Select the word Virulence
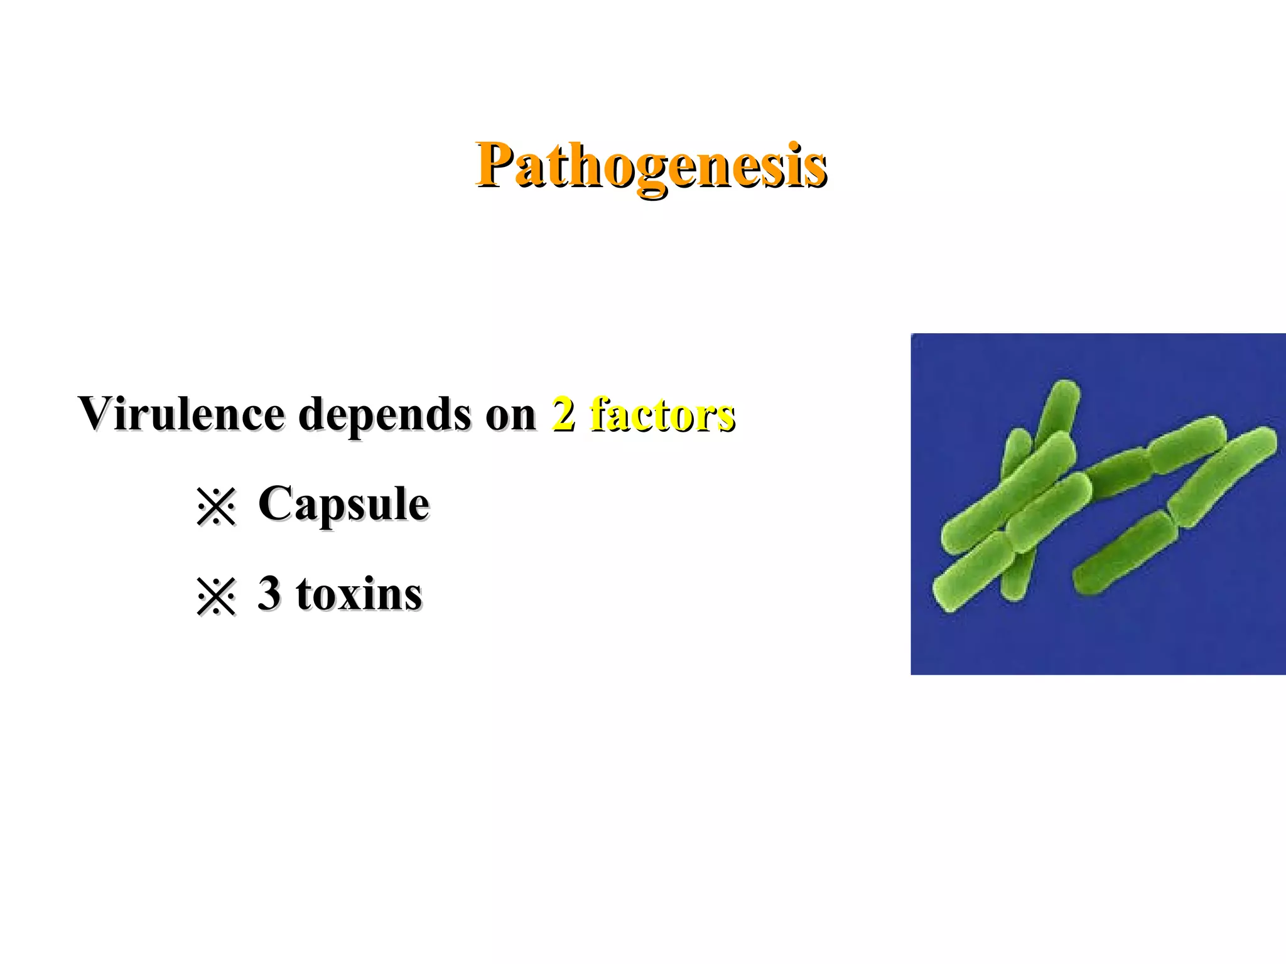click(181, 414)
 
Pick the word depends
click(384, 415)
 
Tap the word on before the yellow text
click(511, 415)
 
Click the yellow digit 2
click(563, 414)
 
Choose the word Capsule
click(343, 504)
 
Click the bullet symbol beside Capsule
click(215, 506)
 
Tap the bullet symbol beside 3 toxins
click(215, 596)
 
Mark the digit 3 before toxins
click(269, 593)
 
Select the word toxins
click(359, 594)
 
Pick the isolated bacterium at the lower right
click(1124, 552)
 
